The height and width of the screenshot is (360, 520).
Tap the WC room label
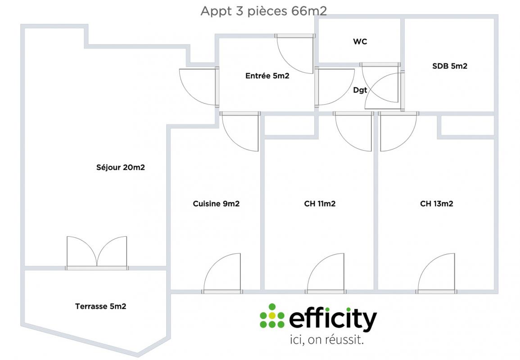360,42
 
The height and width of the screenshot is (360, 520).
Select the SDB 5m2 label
449,66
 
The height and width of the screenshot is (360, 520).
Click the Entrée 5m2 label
267,76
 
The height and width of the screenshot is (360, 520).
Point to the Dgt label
360,90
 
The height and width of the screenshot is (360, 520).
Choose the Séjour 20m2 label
120,168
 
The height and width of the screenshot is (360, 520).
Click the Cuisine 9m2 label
216,204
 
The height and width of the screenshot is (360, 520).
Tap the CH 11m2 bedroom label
320,204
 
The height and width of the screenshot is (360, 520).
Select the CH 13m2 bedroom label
436,204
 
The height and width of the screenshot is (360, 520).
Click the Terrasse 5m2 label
100,306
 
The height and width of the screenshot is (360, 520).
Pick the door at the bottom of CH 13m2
436,274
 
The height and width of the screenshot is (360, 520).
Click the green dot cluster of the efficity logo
272,316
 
